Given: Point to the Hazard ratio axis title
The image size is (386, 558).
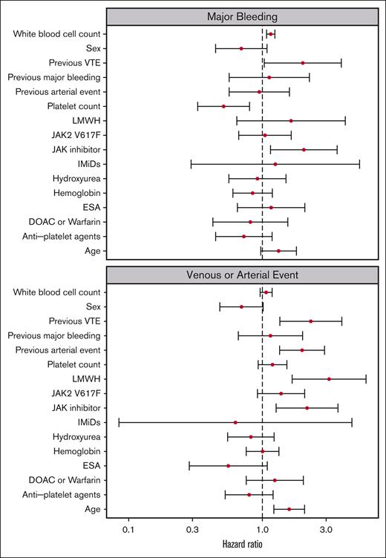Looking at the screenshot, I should click(x=245, y=545).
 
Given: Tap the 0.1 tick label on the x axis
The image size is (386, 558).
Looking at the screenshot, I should click(x=128, y=529).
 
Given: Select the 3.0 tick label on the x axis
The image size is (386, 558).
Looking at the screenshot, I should click(x=326, y=529).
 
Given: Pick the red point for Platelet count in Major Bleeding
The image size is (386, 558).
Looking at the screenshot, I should click(x=223, y=106).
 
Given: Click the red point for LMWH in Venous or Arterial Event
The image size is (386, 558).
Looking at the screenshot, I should click(x=329, y=379).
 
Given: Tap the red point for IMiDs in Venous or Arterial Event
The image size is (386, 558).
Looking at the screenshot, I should click(x=235, y=422).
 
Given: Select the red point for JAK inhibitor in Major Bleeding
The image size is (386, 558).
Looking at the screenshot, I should click(x=304, y=149).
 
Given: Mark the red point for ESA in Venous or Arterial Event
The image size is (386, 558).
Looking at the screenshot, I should click(x=228, y=466).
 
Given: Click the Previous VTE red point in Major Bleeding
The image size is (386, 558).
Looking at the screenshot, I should click(x=303, y=63).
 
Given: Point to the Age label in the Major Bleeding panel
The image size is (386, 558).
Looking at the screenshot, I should click(x=92, y=251).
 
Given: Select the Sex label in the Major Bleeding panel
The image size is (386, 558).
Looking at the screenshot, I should click(x=93, y=48).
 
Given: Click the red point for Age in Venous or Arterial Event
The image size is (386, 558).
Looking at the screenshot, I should click(x=289, y=509).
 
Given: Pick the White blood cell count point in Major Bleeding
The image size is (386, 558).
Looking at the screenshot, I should click(x=271, y=34).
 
